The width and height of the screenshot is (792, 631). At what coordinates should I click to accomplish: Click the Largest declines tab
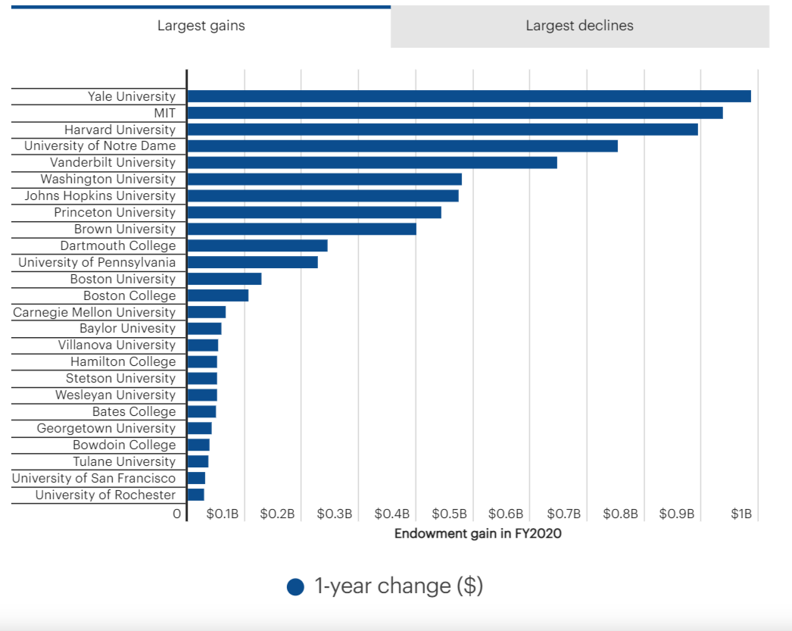point(579,26)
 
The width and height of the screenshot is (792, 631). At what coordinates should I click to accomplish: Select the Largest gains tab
point(201,26)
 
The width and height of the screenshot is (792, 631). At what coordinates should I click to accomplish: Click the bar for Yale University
point(469,96)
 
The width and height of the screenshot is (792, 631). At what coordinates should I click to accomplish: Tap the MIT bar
point(454,113)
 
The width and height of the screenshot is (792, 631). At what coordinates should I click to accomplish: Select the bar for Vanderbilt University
point(372,162)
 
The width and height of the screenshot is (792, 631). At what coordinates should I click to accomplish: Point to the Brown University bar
point(301,229)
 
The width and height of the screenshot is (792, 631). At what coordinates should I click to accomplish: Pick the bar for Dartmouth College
point(257,245)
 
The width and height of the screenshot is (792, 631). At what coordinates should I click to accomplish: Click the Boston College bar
point(218,295)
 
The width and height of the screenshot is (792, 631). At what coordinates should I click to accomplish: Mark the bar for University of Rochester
point(196,495)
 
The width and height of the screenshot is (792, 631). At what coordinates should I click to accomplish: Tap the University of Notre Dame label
point(100,145)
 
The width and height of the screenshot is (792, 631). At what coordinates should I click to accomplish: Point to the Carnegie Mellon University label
point(94,312)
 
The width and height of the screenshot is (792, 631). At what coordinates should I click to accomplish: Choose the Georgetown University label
point(106,428)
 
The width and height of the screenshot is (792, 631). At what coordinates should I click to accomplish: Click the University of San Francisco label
point(94,478)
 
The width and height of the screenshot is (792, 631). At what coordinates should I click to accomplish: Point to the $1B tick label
point(741,514)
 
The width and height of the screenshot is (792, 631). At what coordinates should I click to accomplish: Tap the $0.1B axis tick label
point(223,514)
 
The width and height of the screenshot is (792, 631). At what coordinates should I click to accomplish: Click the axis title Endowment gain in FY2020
point(478,533)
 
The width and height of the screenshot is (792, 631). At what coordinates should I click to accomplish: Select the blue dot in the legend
point(295,587)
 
